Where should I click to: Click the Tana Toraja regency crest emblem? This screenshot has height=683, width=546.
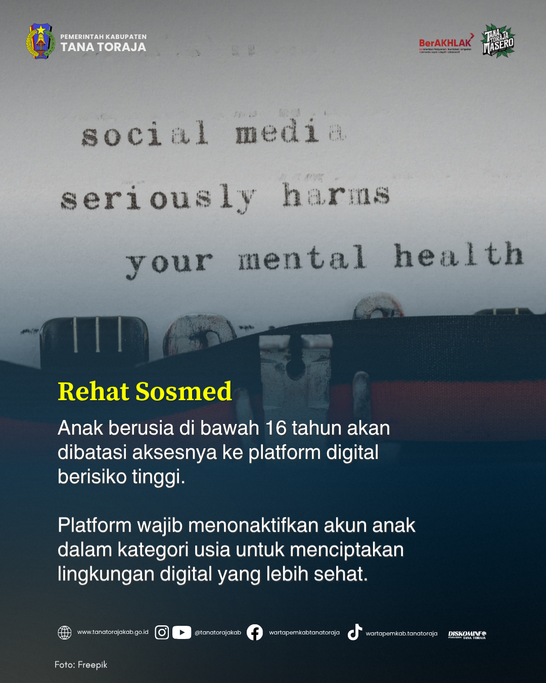[x=40, y=41]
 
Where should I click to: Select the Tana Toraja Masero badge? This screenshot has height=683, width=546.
[x=498, y=41]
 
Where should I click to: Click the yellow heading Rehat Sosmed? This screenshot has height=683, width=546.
[x=145, y=392]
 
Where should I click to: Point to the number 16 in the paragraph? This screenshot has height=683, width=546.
[x=276, y=428]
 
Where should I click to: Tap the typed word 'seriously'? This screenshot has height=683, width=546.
[x=158, y=197]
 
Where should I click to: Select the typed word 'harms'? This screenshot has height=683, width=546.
[x=336, y=195]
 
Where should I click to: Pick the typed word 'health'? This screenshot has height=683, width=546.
[x=459, y=255]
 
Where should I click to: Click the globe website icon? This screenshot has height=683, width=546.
[x=65, y=632]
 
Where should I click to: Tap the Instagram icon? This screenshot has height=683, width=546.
[x=162, y=632]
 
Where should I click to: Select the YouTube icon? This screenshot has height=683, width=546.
[x=181, y=632]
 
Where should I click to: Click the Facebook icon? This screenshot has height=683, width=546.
[x=255, y=632]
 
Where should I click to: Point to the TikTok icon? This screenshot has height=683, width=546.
[x=354, y=632]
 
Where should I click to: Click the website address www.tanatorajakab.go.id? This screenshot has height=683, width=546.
[x=113, y=632]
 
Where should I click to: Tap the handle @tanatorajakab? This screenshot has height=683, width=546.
[x=218, y=632]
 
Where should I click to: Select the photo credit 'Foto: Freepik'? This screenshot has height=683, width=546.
[x=81, y=665]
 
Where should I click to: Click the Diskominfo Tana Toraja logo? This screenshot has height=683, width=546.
[x=467, y=634]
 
